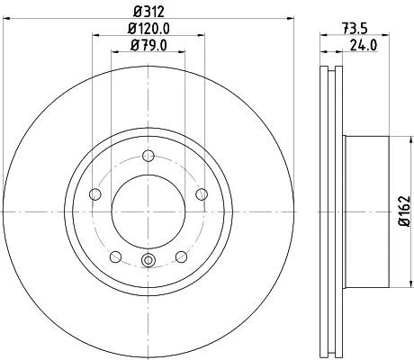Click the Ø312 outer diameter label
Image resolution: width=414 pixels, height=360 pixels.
click(148, 10)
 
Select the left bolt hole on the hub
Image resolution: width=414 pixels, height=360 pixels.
click(95, 193)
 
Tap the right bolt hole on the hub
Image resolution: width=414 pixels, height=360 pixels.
click(202, 193)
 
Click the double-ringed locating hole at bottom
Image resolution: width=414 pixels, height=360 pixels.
click(148, 262)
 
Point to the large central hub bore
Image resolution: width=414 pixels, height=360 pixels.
click(148, 211)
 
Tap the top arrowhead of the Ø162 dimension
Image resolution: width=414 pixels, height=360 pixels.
click(393, 139)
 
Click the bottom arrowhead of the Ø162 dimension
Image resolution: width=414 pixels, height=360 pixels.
click(393, 283)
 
